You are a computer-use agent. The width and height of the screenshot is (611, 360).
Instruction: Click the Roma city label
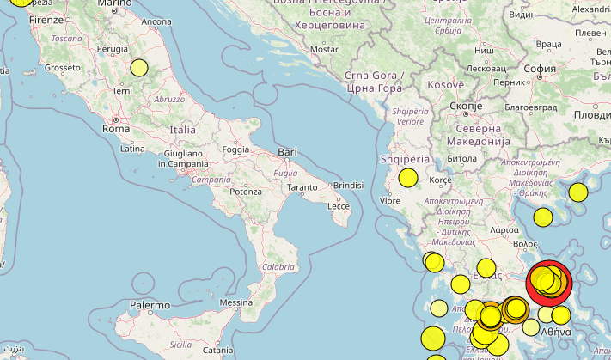click(116, 128)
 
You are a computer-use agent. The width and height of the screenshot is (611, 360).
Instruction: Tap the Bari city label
click(287, 153)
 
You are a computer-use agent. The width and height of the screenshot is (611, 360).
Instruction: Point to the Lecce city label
click(339, 206)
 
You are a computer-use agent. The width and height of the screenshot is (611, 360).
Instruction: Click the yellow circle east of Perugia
click(139, 68)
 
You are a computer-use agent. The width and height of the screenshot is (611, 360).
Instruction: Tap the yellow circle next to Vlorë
click(407, 179)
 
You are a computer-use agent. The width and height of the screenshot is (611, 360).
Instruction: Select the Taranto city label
click(302, 186)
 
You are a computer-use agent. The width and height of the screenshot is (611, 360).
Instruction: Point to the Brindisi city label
click(349, 185)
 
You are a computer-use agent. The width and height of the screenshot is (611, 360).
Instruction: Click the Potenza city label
click(245, 192)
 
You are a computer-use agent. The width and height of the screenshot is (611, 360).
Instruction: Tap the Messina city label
click(235, 303)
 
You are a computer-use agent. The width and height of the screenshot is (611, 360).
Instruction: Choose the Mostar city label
click(325, 50)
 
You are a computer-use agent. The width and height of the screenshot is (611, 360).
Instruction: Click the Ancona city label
click(156, 21)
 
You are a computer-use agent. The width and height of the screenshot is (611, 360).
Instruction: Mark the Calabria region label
click(278, 267)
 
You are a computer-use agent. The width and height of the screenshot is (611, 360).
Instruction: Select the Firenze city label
click(46, 19)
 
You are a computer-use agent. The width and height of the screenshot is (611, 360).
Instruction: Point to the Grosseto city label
click(63, 67)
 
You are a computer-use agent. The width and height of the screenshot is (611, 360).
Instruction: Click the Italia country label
click(183, 129)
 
